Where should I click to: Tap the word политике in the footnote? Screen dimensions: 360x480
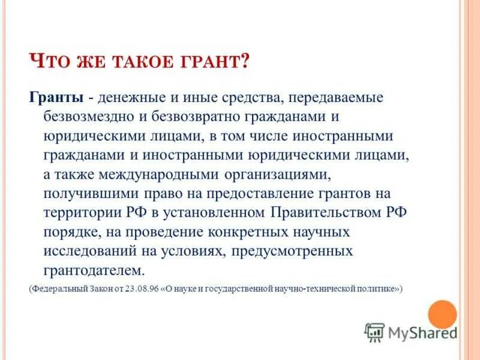[377, 289]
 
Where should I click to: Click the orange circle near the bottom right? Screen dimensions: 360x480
[443, 314]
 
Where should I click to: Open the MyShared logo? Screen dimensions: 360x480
[412, 332]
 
